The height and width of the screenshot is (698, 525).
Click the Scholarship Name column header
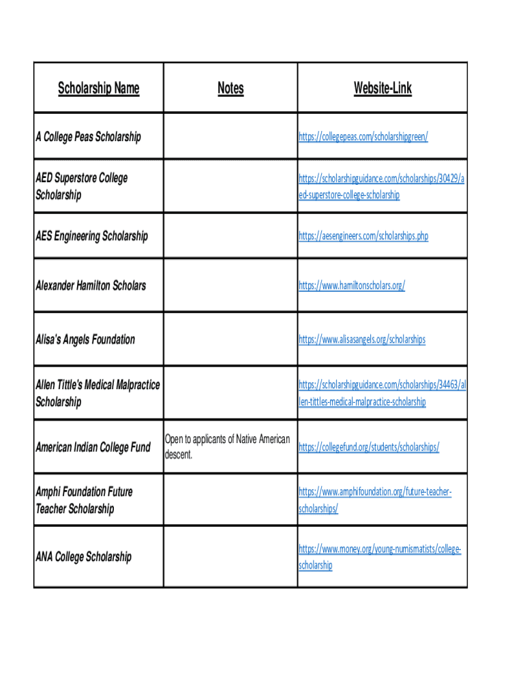pos(98,88)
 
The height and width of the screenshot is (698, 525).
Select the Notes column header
pos(230,88)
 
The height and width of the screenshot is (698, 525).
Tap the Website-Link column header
pos(382,88)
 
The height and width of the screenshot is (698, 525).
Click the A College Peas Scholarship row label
pos(88,137)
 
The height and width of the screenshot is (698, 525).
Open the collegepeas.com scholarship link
pos(363,137)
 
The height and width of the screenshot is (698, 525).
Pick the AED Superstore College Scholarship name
pos(81,186)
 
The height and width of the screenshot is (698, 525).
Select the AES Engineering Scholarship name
pos(91,237)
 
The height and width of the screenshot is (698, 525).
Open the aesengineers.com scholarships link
pos(363,237)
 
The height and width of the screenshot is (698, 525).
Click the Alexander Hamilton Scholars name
pos(91,286)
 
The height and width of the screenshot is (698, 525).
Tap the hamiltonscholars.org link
pos(351,286)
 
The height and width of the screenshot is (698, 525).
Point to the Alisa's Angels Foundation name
pos(85,339)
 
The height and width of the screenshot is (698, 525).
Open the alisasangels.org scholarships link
pos(361,339)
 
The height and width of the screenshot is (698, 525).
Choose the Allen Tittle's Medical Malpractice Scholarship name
pos(97,393)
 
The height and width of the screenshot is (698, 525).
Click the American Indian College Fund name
pos(93,448)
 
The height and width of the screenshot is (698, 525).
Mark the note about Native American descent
pos(227,446)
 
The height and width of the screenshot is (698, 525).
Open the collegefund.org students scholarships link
pos(368,447)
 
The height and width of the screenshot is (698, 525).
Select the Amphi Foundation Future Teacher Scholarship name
pos(84,500)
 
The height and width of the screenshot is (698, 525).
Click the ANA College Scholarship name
pos(83,557)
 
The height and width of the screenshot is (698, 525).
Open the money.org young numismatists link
pos(379,549)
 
